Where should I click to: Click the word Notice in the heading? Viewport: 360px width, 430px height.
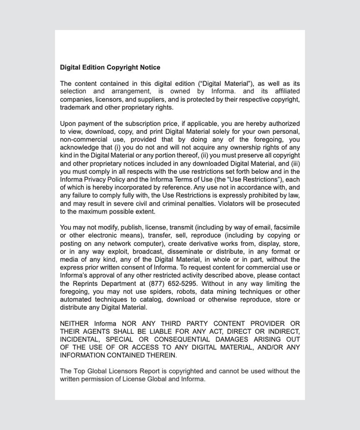tap(149, 67)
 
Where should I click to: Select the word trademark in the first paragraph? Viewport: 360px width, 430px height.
tap(76, 107)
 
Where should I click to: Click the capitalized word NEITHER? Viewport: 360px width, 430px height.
tap(75, 324)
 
